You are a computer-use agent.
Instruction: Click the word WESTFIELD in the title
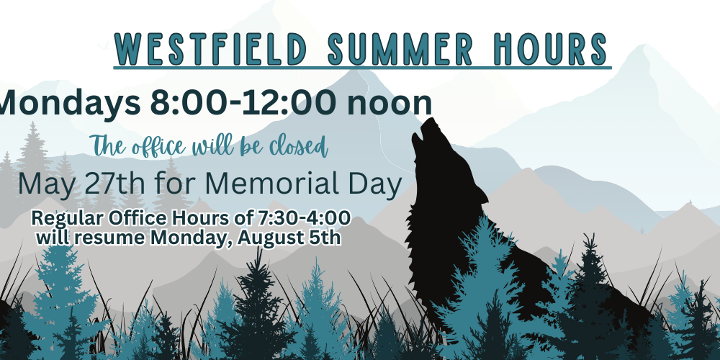click(x=210, y=49)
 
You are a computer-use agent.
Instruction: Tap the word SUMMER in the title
click(x=400, y=49)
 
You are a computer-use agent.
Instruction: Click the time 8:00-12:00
click(x=243, y=103)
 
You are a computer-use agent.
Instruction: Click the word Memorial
click(x=273, y=184)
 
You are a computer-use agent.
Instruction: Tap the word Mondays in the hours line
click(x=70, y=104)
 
